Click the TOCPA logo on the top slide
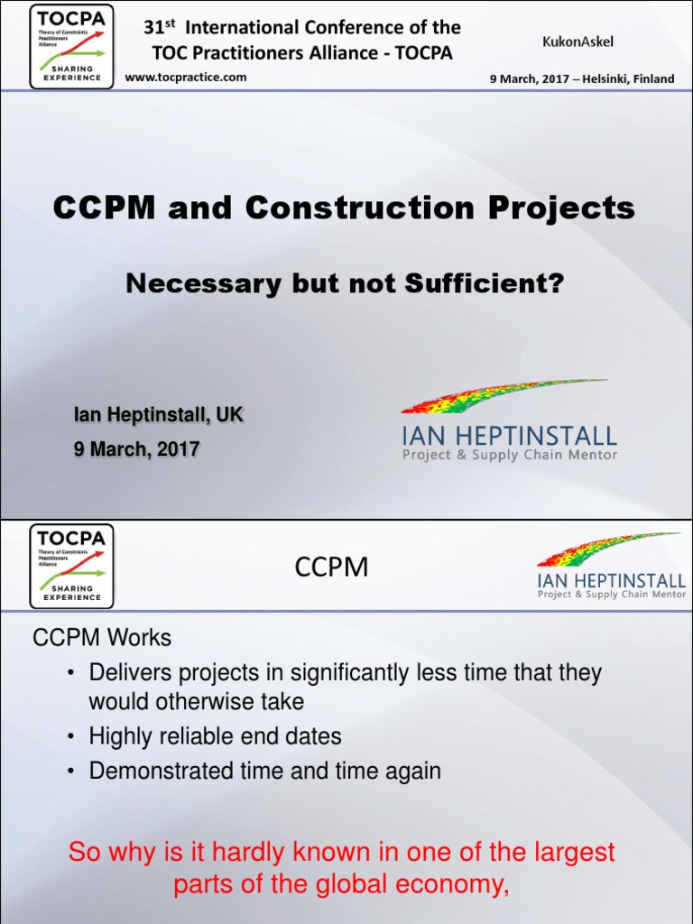click(x=72, y=47)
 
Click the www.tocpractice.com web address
click(x=185, y=78)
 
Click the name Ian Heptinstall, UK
click(x=158, y=416)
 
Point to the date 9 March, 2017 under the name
click(x=136, y=448)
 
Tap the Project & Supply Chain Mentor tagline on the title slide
click(x=510, y=456)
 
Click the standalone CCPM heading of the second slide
click(x=332, y=567)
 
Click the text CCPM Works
click(x=102, y=638)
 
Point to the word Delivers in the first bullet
click(x=125, y=673)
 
